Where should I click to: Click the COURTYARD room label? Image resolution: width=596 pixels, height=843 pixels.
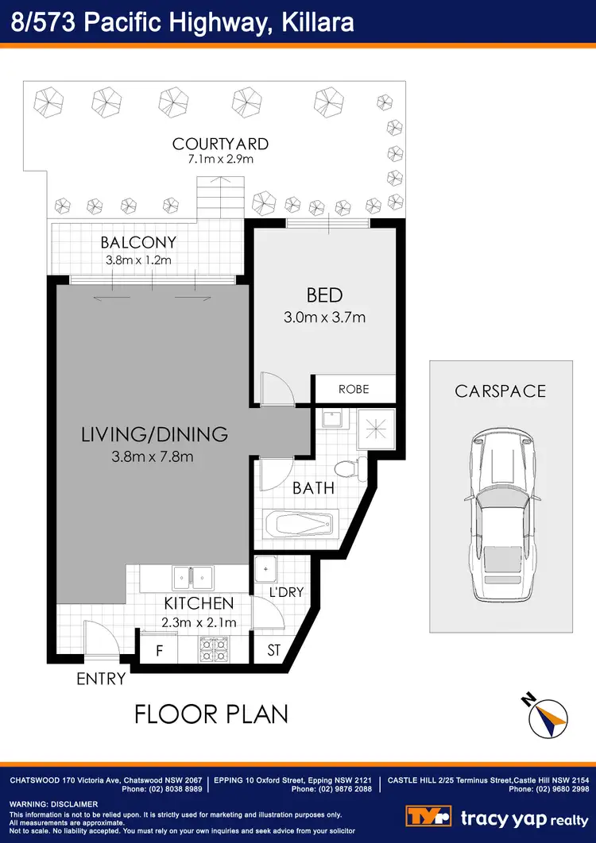coord(220,144)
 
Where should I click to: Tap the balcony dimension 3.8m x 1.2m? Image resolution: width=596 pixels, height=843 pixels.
coord(139,260)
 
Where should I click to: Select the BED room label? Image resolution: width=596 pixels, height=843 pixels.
coord(324,295)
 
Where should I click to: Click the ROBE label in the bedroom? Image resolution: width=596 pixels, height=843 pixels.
coord(354,390)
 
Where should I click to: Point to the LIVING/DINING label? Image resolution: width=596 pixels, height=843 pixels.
coord(155,434)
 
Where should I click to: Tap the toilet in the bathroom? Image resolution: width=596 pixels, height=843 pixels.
coord(347,468)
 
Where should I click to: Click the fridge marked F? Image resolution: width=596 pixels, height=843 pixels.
coord(159,651)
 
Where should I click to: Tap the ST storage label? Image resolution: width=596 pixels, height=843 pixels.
coord(274,651)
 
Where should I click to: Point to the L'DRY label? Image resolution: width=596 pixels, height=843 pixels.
coord(287,591)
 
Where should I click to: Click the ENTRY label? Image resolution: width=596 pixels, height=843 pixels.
coord(101,679)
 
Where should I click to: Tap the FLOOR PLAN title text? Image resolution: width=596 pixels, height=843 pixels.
coord(211,714)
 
